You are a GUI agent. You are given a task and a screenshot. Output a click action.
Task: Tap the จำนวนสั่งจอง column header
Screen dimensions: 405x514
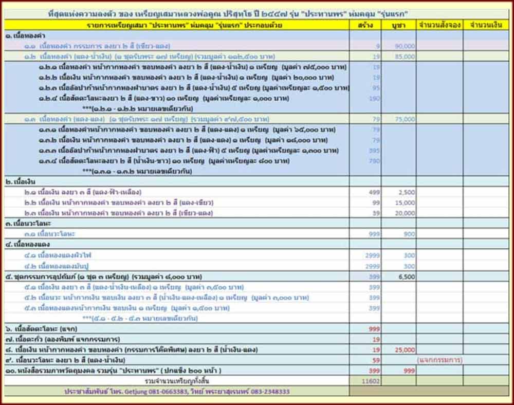click(439, 25)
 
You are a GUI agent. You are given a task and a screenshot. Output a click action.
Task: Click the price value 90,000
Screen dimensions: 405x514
click(405, 46)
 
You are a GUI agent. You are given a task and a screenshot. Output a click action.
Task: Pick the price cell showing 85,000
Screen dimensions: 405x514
click(405, 57)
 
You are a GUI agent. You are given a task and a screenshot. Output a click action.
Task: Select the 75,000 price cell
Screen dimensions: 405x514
click(405, 119)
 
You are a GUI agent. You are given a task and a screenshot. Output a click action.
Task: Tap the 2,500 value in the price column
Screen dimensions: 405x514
click(406, 192)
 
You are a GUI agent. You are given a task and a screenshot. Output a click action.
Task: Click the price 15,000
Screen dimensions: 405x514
click(405, 202)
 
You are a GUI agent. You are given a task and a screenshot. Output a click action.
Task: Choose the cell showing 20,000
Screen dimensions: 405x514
click(405, 213)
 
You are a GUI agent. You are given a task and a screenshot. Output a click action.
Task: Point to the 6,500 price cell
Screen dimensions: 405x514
click(406, 277)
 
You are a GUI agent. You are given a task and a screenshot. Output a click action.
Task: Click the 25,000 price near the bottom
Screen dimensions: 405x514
click(405, 350)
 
